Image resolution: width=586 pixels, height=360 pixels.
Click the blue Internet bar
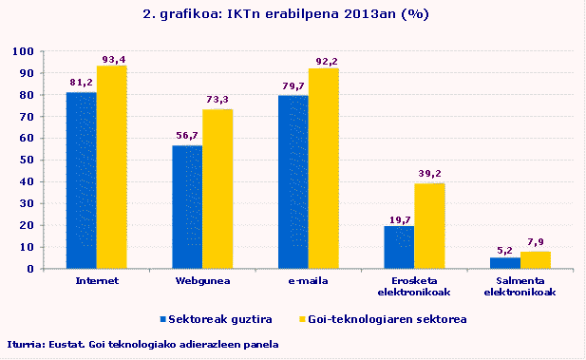[x=82, y=180]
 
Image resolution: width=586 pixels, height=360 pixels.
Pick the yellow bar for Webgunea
[x=217, y=189]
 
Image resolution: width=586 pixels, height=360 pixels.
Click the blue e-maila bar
[x=293, y=181]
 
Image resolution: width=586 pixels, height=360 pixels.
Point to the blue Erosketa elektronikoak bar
[x=399, y=247]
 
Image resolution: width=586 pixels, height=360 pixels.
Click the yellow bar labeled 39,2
[x=429, y=226]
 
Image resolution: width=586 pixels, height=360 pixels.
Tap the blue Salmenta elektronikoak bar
[x=505, y=263]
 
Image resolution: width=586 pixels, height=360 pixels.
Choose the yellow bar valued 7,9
[x=536, y=260]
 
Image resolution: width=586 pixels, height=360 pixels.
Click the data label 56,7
[x=188, y=136]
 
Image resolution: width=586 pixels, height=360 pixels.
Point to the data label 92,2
[x=325, y=60]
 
